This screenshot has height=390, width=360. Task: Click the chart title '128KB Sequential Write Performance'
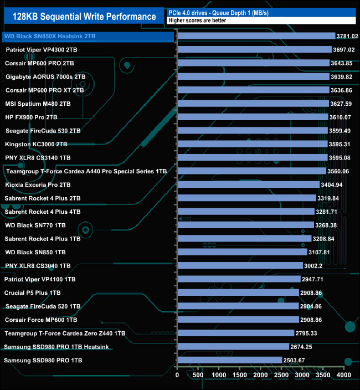[x=84, y=17]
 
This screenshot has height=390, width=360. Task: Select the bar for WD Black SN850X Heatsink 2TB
[x=256, y=37]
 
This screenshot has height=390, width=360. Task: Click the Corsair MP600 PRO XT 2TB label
[x=44, y=90]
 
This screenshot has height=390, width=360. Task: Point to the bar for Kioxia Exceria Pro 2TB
[x=248, y=184]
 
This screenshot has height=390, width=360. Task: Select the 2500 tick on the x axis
[x=281, y=375]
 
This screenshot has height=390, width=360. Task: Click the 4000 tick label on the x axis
[x=344, y=375]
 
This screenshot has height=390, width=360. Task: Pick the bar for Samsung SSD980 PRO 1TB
[x=229, y=360]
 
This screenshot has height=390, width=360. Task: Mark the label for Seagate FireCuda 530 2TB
[x=43, y=131]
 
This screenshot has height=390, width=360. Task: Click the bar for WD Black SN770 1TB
[x=245, y=225]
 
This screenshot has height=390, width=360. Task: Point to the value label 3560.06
[x=340, y=171]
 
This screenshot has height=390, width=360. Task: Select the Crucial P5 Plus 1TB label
[x=33, y=292]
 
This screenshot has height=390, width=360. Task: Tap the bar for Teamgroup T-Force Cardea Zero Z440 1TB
[x=235, y=333]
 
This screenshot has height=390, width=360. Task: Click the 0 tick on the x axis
[x=177, y=375]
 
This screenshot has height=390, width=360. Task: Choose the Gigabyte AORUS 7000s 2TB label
[x=45, y=76]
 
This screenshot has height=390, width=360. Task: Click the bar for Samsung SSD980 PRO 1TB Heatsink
[x=233, y=347]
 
